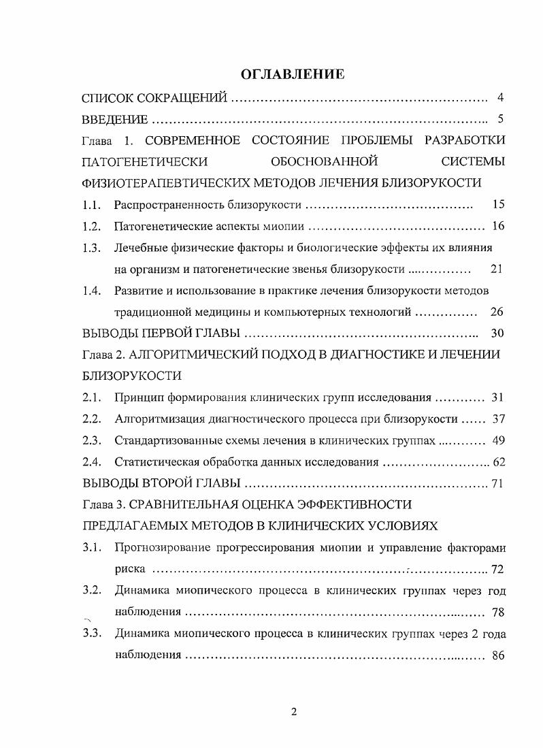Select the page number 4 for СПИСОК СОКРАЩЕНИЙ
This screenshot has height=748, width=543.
pos(499,97)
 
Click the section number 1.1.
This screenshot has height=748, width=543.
pos(91,204)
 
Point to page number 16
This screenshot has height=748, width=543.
pos(497,226)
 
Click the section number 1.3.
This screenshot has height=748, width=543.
pos(91,247)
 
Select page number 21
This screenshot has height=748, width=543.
pos(496,268)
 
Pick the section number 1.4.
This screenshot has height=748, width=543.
pos(91,291)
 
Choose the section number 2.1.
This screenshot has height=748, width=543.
pos(91,397)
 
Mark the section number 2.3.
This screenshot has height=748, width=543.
pos(91,440)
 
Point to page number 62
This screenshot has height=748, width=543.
pos(498,463)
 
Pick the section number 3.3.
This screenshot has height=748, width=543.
pos(91,634)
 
